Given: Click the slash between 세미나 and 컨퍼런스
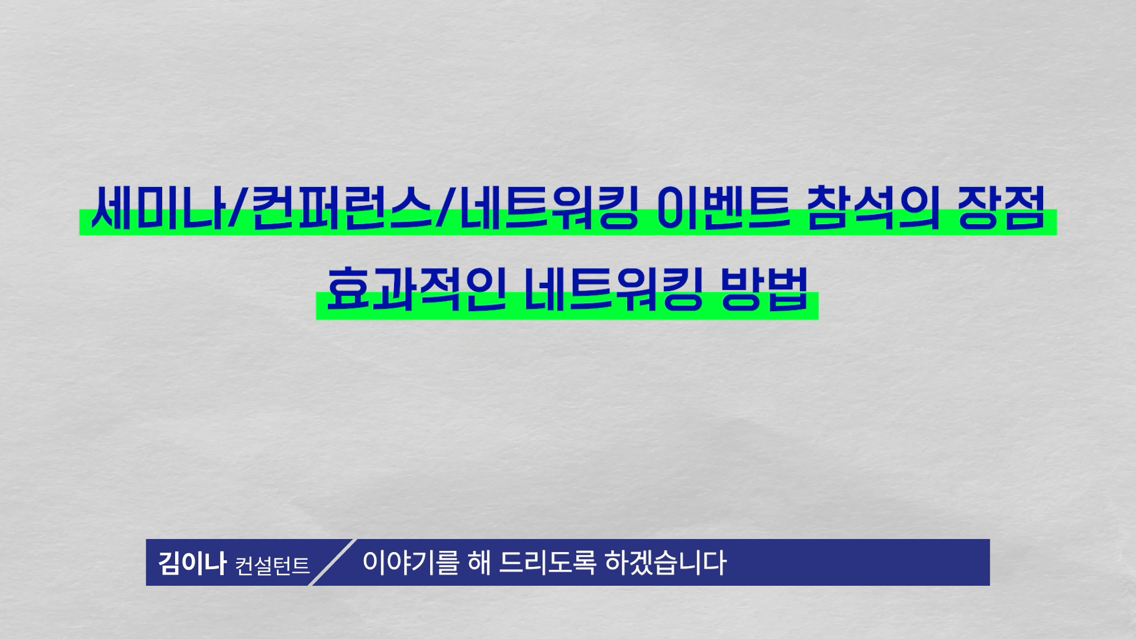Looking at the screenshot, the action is tap(238, 209).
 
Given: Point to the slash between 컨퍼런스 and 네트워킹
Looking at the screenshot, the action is tap(443, 209).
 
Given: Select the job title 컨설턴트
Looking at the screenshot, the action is tap(272, 565).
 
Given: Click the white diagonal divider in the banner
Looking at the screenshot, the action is tap(333, 562).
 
